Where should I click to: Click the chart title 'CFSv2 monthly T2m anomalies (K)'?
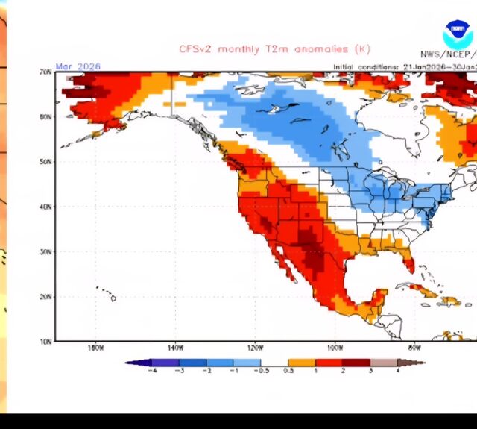click(x=263, y=49)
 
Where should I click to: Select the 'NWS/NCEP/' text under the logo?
click(x=448, y=54)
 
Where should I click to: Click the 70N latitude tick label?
click(x=45, y=72)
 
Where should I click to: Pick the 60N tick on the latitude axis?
click(x=45, y=117)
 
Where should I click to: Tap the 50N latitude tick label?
click(x=45, y=162)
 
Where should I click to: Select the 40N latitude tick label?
click(x=45, y=207)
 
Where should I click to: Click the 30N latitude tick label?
click(x=45, y=252)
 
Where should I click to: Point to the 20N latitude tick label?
click(x=45, y=297)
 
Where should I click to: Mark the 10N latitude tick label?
click(x=45, y=342)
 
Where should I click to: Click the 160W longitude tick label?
click(x=95, y=348)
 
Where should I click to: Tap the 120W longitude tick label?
click(x=254, y=348)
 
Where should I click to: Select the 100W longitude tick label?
click(x=334, y=348)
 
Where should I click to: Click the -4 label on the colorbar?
click(x=152, y=371)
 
